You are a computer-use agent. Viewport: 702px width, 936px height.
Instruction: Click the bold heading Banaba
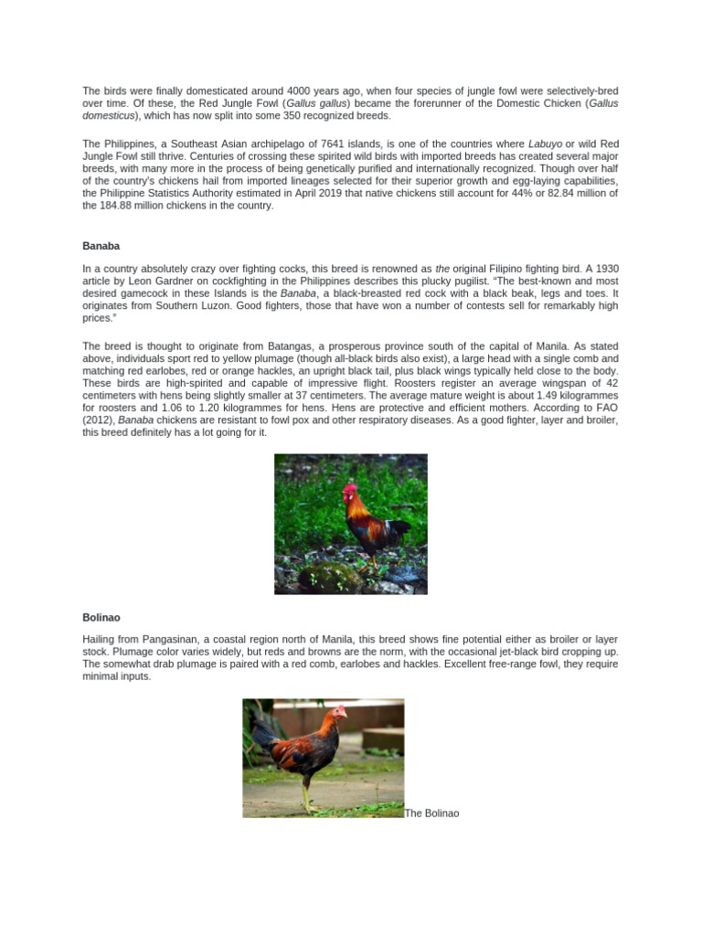101,247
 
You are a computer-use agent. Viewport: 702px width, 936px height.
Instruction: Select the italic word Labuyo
545,144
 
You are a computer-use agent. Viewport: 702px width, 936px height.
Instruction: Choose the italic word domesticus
108,116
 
